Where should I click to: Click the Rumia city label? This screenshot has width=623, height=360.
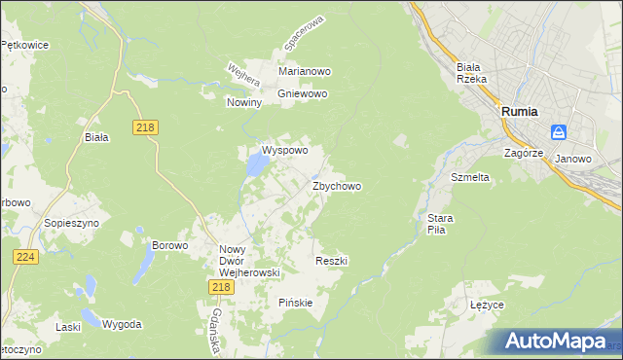(x=520, y=111)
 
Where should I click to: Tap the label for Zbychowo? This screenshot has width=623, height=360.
(x=337, y=186)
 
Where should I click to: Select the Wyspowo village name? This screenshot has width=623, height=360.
(x=284, y=151)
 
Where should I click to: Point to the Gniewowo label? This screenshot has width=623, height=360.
(x=303, y=93)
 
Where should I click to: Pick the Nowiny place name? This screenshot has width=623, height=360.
(x=244, y=102)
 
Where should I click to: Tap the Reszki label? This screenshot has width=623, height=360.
(x=332, y=261)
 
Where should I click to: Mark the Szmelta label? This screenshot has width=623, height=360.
(x=470, y=178)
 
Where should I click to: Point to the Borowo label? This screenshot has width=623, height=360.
(x=169, y=245)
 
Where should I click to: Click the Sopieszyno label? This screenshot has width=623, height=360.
(x=67, y=222)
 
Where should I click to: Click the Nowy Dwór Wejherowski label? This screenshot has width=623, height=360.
(x=249, y=261)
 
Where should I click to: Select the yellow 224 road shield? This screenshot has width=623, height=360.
(x=25, y=256)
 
